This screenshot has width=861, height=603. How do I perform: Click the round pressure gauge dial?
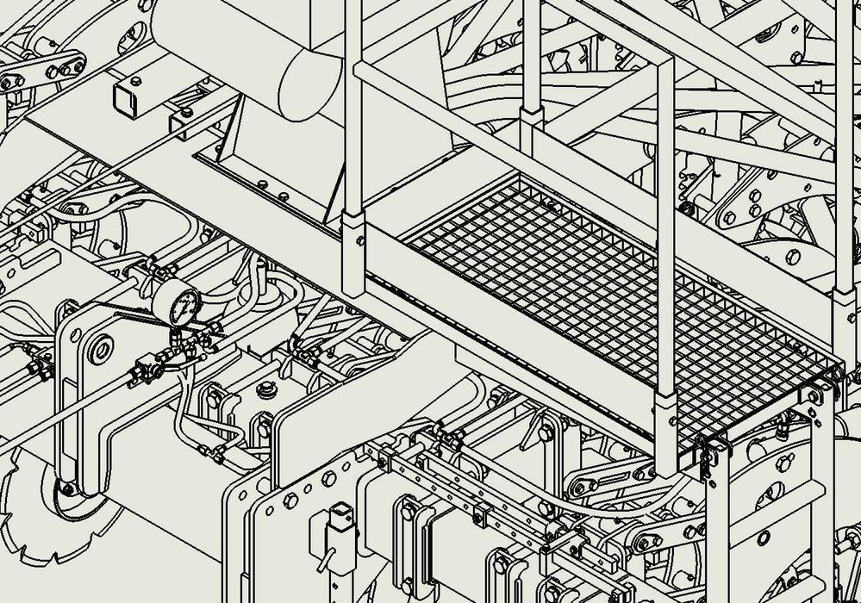(x=179, y=304)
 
